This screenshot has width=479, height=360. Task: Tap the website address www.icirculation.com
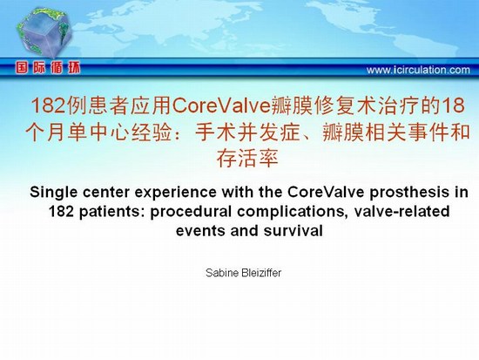click(418, 70)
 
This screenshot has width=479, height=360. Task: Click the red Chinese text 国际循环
click(48, 68)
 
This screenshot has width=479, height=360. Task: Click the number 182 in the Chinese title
click(49, 105)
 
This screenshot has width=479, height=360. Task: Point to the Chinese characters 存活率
click(247, 158)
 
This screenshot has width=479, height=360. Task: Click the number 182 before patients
click(62, 212)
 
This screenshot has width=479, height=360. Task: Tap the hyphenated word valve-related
click(401, 212)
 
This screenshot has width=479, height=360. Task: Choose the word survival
click(293, 231)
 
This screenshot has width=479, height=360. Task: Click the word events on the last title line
click(201, 231)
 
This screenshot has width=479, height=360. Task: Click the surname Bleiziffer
click(261, 273)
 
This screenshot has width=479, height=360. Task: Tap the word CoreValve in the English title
click(326, 193)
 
